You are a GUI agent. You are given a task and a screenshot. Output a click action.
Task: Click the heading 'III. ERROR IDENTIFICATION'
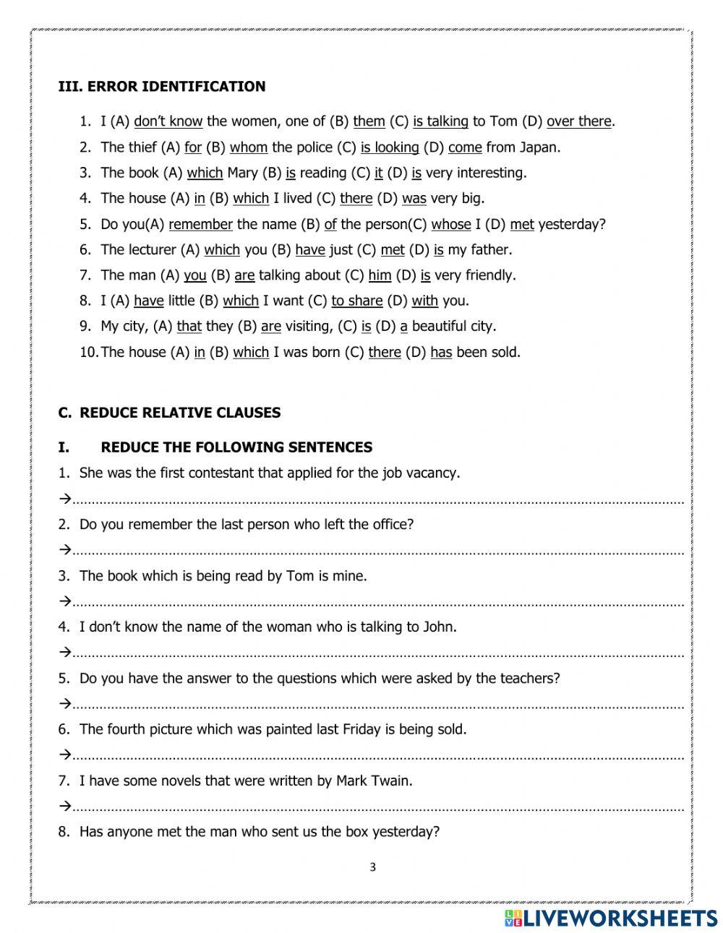click(x=161, y=87)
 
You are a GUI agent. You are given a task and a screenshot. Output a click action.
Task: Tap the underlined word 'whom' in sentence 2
click(x=249, y=147)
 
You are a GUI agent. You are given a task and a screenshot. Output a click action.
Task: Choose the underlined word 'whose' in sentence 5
click(x=451, y=224)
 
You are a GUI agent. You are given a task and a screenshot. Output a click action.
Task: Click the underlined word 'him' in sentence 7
click(x=380, y=275)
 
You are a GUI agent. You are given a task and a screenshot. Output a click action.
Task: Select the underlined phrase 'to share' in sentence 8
click(x=356, y=301)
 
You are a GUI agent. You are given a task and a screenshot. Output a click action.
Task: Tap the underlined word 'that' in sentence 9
click(x=189, y=327)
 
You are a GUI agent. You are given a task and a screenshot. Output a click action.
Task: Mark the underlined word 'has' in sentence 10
click(x=441, y=352)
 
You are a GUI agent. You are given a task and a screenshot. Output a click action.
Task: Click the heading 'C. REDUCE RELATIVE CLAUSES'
click(x=169, y=413)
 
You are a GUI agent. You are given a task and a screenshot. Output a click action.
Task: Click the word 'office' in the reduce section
click(x=388, y=525)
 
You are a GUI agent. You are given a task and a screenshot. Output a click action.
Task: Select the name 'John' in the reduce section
click(x=438, y=627)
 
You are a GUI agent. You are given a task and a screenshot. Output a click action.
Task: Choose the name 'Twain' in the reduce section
click(x=393, y=781)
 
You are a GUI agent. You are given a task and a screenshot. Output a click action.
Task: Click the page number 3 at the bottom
click(x=372, y=868)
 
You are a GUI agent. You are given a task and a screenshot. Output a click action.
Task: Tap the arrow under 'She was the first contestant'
click(x=64, y=499)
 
